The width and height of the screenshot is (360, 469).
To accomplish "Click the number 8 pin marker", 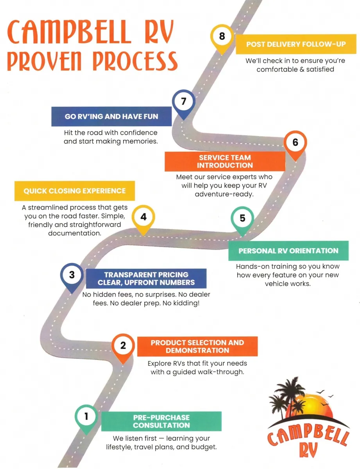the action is (x=222, y=39).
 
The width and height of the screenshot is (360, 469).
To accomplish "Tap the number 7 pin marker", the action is (x=183, y=104).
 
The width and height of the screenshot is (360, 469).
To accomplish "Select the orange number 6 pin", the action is (x=295, y=145).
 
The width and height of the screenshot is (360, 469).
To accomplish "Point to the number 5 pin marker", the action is (x=242, y=220).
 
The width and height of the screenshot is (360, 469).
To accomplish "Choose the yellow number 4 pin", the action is (x=143, y=219).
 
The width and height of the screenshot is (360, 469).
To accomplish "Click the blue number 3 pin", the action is (x=72, y=277).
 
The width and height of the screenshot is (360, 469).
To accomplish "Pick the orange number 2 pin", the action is (x=123, y=348).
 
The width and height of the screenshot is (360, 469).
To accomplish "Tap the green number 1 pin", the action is (x=86, y=419).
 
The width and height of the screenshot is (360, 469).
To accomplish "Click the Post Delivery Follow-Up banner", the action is (x=296, y=44).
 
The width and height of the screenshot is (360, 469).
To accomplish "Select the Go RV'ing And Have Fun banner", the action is (x=111, y=116).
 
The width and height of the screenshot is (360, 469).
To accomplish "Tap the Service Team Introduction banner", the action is (x=225, y=161).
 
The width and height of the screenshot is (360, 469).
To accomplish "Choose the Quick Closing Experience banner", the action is (x=75, y=191).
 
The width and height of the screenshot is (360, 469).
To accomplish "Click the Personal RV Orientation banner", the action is (x=288, y=251).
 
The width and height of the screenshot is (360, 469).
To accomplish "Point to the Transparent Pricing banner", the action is (x=146, y=278).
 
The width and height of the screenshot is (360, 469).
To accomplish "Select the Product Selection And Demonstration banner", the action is (x=197, y=346).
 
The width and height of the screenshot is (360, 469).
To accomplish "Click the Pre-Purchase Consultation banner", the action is (x=161, y=421).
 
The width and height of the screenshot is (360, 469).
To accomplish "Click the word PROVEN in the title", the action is (x=44, y=61).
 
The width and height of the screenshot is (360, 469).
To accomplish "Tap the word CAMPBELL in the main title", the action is (x=69, y=32).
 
